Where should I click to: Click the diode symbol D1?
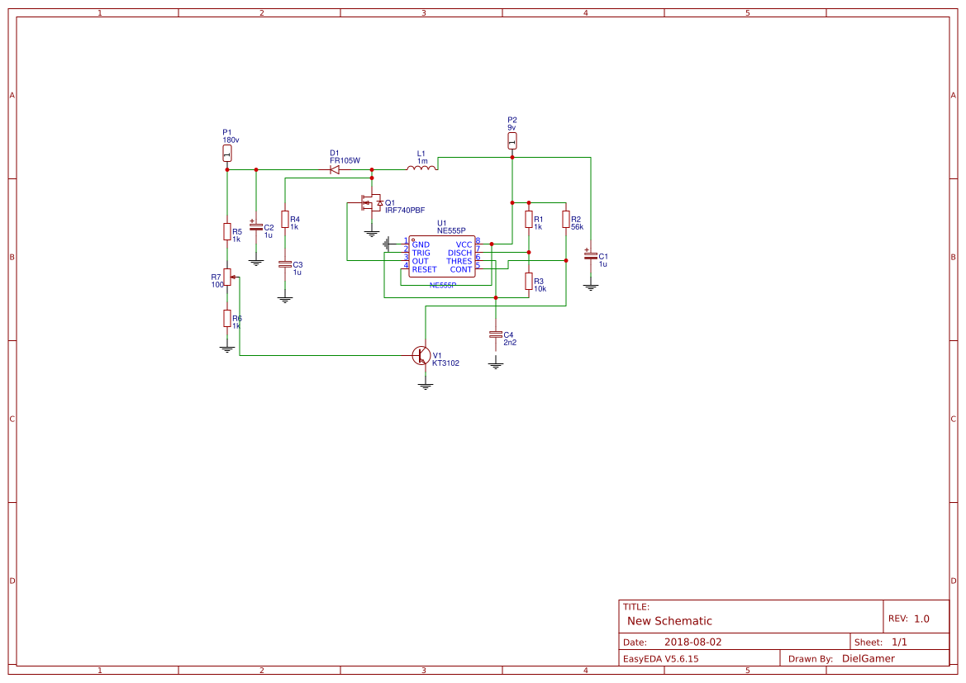point(335,169)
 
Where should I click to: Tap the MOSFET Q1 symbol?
point(369,202)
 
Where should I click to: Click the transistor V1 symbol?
point(421,355)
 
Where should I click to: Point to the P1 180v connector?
point(227,154)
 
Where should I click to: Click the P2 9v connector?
point(512,141)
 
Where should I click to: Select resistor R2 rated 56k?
point(566,219)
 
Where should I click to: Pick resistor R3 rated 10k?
point(529,282)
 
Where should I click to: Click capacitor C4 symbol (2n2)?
point(496,334)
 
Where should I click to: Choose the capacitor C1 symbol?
point(591,256)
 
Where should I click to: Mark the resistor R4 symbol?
point(285,219)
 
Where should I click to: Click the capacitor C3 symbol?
point(285,264)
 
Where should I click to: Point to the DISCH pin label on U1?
point(459,253)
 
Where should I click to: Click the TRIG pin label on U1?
point(421,253)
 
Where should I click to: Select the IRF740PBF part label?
point(405,211)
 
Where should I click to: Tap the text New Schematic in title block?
point(669,621)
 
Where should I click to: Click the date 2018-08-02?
point(692,642)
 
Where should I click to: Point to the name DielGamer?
point(868,658)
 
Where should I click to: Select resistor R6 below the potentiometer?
point(227,319)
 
